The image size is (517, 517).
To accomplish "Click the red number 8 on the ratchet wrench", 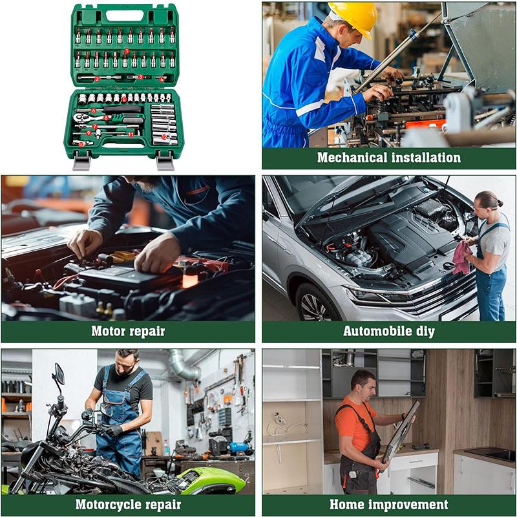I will tap(106, 118).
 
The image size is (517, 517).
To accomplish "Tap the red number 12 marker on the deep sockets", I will tap(165, 136).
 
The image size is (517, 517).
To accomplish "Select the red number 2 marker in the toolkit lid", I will tap(97, 79).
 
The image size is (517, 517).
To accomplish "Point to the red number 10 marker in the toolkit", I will tap(82, 143).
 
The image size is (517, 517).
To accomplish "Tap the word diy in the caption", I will tap(425, 332).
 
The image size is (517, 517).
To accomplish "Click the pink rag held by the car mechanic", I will tap(461, 257).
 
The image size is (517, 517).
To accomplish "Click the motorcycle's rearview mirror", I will tap(59, 374).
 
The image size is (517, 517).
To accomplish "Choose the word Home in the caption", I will tap(347, 504).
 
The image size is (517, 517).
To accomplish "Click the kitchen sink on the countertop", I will tap(491, 454).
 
